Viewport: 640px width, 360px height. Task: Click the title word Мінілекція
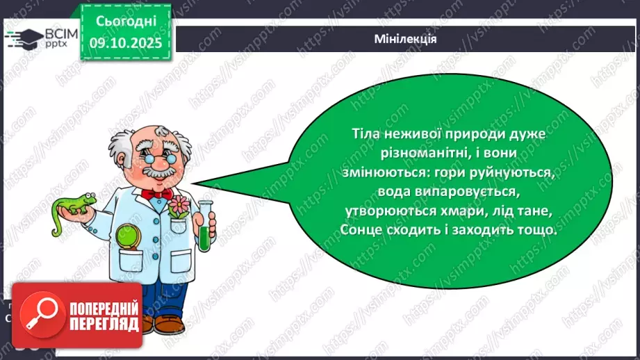(x=404, y=39)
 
